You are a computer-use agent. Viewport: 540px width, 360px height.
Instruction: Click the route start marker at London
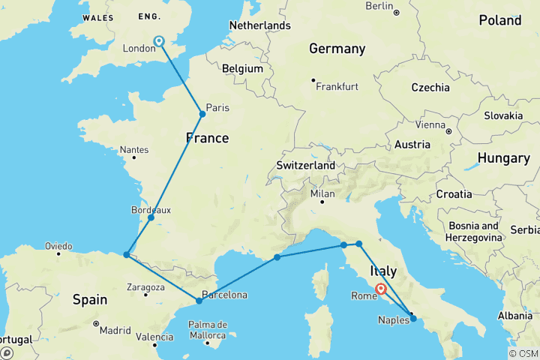pyautogui.click(x=159, y=41)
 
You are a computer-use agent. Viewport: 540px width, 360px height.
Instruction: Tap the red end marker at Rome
pyautogui.click(x=381, y=289)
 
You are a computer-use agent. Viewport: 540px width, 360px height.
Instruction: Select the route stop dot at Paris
pyautogui.click(x=202, y=114)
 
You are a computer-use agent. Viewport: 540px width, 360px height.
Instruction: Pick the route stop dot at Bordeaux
pyautogui.click(x=151, y=217)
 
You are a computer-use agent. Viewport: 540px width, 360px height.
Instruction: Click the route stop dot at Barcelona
pyautogui.click(x=199, y=301)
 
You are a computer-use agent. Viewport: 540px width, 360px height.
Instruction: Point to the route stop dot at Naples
pyautogui.click(x=413, y=319)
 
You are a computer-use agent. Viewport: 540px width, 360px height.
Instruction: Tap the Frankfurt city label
pyautogui.click(x=337, y=87)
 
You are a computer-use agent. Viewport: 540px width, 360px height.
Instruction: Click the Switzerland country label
pyautogui.click(x=304, y=165)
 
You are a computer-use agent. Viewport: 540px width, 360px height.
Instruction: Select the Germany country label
pyautogui.click(x=337, y=49)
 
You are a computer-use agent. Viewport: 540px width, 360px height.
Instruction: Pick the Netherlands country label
pyautogui.click(x=259, y=25)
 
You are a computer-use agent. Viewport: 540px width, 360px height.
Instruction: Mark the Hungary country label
pyautogui.click(x=503, y=158)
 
